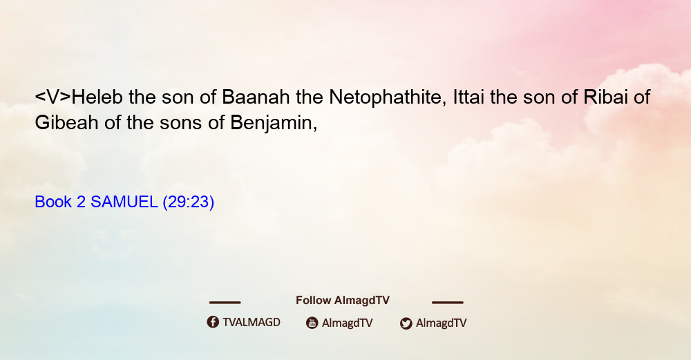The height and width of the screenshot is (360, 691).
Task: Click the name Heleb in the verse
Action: (x=97, y=97)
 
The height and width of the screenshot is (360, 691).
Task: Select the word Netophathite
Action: (x=385, y=97)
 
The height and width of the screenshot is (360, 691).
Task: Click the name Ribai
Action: (x=605, y=97)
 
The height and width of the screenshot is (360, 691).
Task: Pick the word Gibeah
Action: (x=66, y=122)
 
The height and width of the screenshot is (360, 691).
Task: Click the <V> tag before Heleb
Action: (x=53, y=97)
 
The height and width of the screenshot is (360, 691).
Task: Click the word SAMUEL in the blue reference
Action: (x=124, y=202)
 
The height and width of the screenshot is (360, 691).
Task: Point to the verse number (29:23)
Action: (x=188, y=202)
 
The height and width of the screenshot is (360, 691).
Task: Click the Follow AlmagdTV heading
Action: (x=343, y=301)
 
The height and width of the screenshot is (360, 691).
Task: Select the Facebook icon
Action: (x=213, y=322)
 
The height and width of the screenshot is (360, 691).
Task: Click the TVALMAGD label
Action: (x=252, y=322)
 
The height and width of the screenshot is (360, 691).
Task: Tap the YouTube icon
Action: (x=312, y=323)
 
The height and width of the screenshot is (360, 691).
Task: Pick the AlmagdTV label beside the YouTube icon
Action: (x=348, y=323)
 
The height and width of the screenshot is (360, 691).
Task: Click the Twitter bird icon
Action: (x=406, y=323)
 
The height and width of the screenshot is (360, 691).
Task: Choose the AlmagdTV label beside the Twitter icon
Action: (x=441, y=323)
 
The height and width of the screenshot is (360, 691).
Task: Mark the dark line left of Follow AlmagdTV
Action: (x=225, y=302)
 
